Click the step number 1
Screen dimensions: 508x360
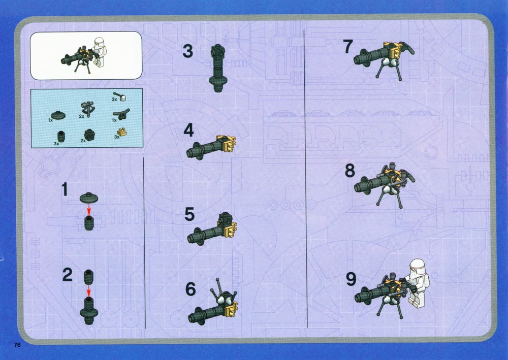pos(65,189)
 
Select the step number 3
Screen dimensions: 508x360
pos(188,51)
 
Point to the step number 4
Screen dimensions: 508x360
pos(188,130)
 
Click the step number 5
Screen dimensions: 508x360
pos(189,214)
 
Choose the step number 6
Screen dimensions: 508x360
pos(190,289)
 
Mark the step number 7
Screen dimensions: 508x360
pos(348,47)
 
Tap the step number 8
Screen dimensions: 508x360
pos(350,171)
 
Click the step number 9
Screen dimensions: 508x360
pos(351,279)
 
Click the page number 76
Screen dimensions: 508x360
pos(17,345)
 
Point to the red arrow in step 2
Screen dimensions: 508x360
pos(88,290)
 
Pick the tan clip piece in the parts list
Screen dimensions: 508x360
pos(121,132)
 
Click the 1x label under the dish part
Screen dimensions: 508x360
pos(50,120)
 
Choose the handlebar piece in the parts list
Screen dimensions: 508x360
pos(121,113)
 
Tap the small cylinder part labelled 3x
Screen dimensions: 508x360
pos(60,136)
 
